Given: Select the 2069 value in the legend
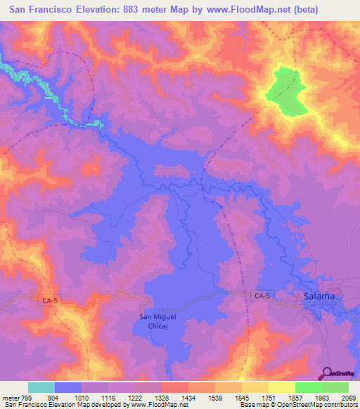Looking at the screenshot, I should (x=348, y=397).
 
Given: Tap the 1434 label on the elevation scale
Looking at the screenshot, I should (x=187, y=397).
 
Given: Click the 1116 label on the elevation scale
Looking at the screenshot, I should (x=107, y=397).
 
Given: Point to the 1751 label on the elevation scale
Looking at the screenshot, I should (x=268, y=397).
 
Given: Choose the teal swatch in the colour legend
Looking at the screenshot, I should (x=41, y=387).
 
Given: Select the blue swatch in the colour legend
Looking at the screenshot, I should (x=68, y=387).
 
